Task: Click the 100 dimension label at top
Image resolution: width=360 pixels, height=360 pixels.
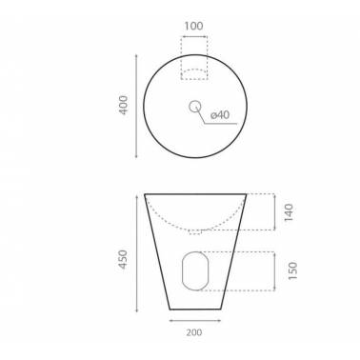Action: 193,26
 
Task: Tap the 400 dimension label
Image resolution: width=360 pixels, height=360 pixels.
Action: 123,105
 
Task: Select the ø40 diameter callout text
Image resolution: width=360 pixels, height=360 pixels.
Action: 220,114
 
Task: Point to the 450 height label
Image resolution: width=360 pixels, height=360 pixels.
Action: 123,259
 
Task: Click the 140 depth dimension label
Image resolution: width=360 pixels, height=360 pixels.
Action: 289,212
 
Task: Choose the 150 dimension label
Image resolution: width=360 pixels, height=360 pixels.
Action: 292,270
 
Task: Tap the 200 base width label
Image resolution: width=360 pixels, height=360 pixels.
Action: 194,332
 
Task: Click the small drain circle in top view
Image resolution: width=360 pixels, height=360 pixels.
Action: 194,107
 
